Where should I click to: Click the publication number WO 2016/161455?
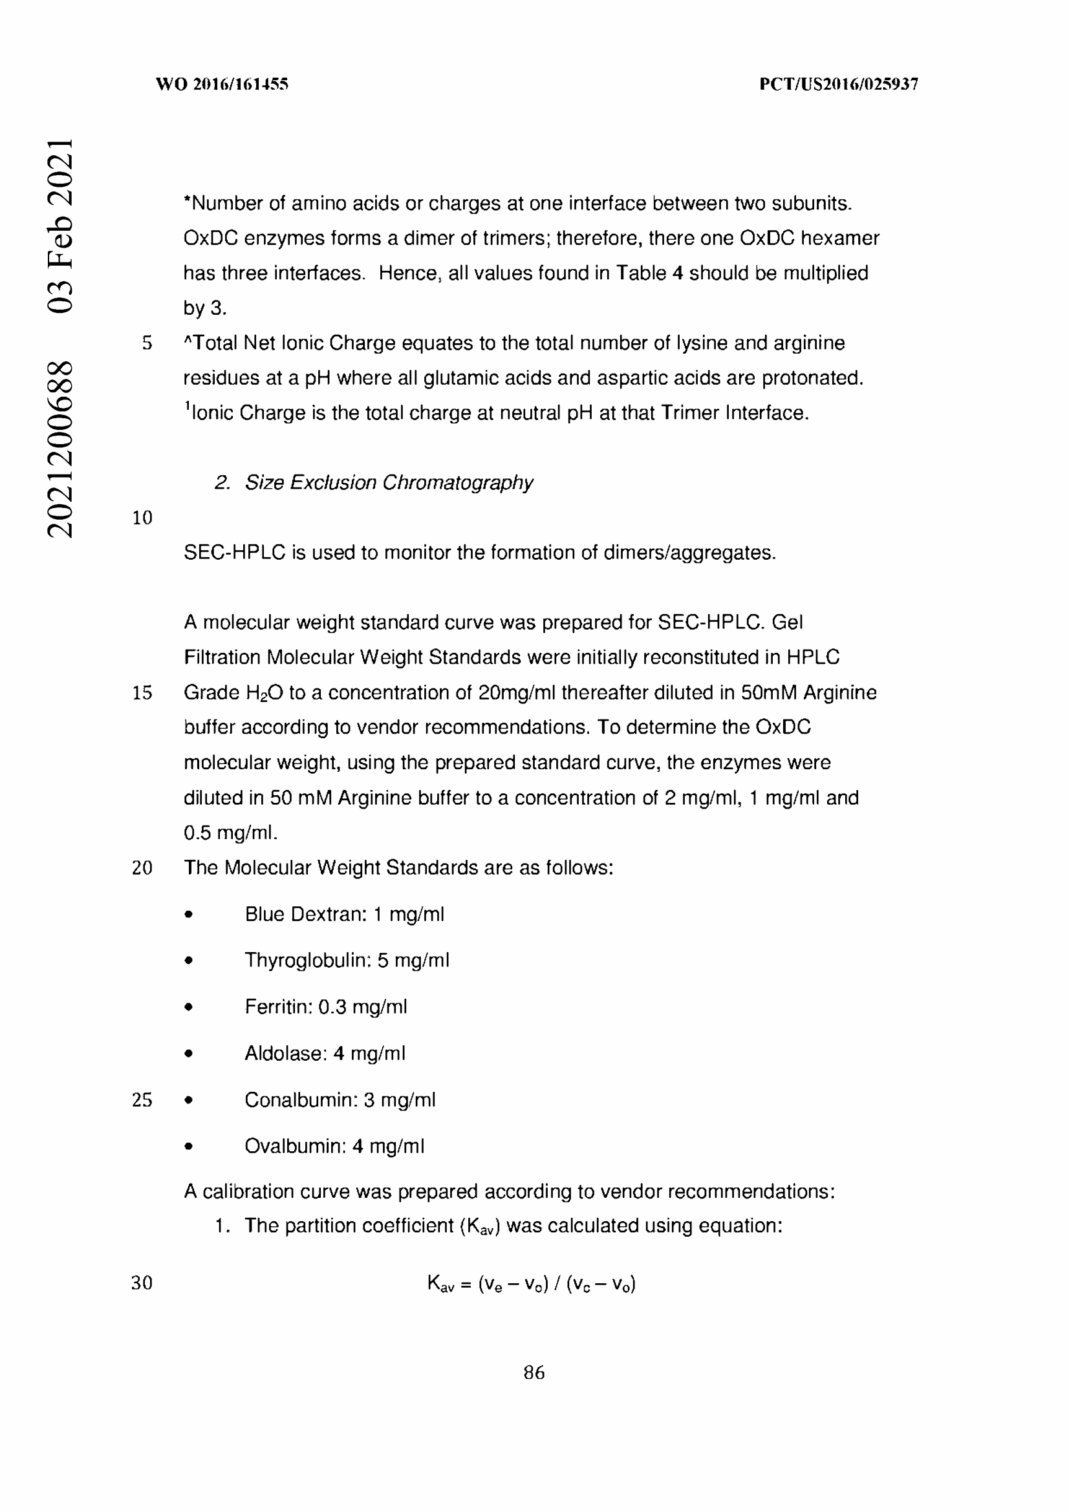pos(222,84)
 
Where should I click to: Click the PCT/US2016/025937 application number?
pos(838,84)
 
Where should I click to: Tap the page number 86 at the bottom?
pos(534,1372)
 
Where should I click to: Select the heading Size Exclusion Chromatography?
pos(389,483)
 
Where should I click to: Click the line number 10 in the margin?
pos(142,518)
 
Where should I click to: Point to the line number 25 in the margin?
pos(142,1100)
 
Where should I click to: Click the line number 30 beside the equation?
pos(142,1282)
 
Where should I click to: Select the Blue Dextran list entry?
pos(345,914)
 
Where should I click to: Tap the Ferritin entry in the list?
pos(326,1007)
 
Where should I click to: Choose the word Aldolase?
pos(285,1054)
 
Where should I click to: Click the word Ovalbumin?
pos(294,1147)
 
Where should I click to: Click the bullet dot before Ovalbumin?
pos(189,1147)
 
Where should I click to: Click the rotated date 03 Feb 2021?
pos(59,225)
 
